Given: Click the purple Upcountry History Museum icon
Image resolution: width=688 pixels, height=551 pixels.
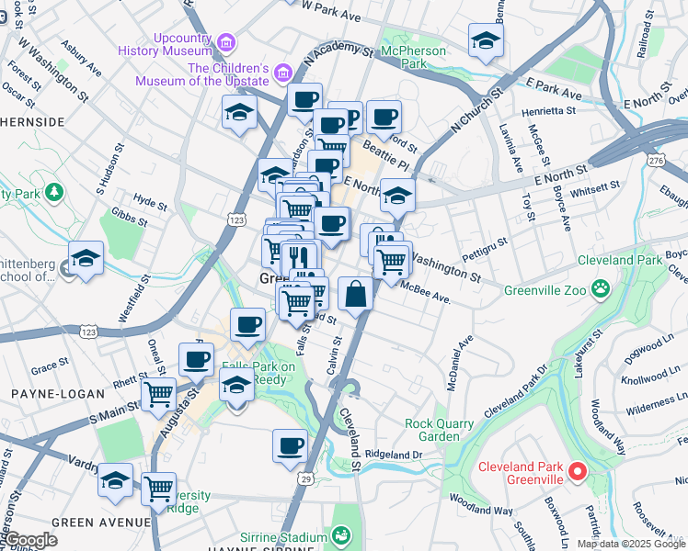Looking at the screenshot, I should point(226,42).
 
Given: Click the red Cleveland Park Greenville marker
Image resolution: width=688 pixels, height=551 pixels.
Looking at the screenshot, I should point(578,473).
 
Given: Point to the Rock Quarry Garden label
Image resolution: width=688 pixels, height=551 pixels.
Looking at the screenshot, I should point(439,430).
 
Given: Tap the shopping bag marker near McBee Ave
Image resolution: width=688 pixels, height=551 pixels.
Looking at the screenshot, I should point(355,295).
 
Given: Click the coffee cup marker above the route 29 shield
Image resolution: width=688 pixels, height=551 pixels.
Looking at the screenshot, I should point(290,446).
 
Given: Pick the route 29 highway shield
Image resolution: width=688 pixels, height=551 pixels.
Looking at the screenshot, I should point(304,478).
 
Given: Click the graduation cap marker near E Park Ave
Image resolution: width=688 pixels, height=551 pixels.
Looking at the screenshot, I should point(486,41).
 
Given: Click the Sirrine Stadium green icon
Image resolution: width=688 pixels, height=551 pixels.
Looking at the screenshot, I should point(342,535).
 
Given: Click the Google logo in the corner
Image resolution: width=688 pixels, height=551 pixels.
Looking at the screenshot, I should point(29,541).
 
